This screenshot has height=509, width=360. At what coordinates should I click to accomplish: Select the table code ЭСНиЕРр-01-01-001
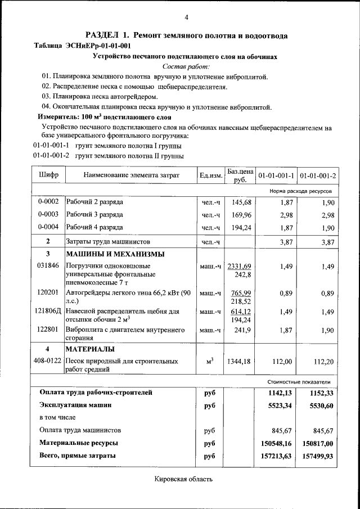coord(98,46)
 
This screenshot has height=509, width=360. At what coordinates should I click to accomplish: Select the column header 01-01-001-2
coord(318,175)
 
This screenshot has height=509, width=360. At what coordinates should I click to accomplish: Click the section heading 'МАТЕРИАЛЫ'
coord(91,349)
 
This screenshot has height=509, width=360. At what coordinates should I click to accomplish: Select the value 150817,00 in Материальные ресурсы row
coord(318,443)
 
